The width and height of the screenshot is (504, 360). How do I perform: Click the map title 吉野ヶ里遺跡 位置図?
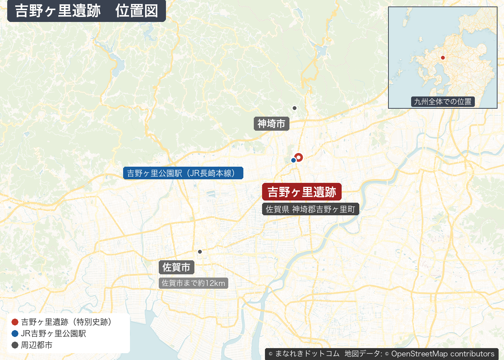coord(86,11)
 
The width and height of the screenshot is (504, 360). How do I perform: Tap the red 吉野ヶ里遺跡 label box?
coord(302,192)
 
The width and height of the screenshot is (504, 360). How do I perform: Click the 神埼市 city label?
coord(271,124)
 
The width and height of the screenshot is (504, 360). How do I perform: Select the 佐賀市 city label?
coord(176,267)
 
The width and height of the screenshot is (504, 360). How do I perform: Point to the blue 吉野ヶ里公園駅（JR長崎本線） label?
coord(183,173)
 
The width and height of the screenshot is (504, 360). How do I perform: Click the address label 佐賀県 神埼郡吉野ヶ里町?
coord(310,209)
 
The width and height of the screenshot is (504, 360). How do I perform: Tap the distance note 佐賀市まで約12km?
coord(193,283)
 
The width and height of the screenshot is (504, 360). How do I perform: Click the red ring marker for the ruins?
coord(299,157)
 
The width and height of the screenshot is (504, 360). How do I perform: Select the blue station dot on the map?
coord(293,160)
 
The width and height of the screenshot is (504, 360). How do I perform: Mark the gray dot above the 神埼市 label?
coord(294,108)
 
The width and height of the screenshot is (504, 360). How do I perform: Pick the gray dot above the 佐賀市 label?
coord(200,252)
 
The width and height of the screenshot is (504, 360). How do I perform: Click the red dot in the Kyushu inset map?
coord(443,58)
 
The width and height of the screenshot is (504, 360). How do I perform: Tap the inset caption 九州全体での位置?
coord(442,102)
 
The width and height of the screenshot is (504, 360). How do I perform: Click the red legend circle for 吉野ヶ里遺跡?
coord(15,322)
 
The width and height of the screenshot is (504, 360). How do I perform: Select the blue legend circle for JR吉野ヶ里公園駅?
coord(15,333)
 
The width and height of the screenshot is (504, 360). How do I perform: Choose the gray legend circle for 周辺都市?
coord(15,345)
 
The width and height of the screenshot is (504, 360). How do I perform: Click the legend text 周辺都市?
coord(37,345)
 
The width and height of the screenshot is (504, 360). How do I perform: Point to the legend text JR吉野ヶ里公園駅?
coord(53,333)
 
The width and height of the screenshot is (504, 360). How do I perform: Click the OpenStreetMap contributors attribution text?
coord(443,354)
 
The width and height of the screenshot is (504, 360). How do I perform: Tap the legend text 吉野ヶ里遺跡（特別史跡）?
coord(66,322)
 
